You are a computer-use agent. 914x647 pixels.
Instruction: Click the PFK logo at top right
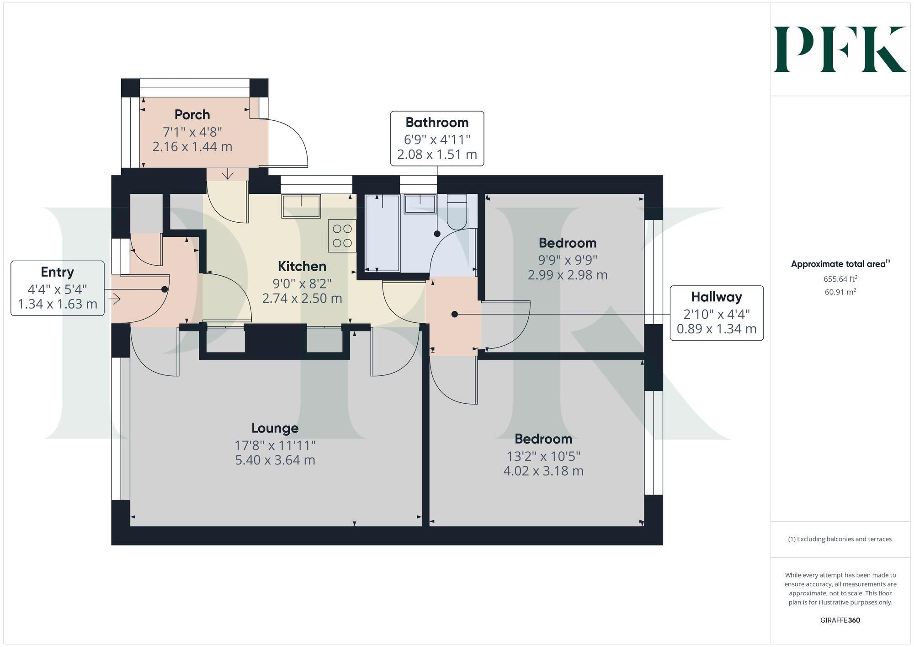pyautogui.click(x=840, y=49)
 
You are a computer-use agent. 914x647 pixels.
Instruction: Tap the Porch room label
pyautogui.click(x=192, y=114)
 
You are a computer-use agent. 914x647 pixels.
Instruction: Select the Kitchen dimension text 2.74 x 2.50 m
pyautogui.click(x=302, y=299)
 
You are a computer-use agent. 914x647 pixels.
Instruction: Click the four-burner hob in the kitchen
pyautogui.click(x=342, y=236)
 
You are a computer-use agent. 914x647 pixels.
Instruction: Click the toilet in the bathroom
pyautogui.click(x=457, y=212)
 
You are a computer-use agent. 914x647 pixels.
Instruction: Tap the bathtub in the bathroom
pyautogui.click(x=383, y=233)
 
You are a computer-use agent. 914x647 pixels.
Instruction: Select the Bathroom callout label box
pyautogui.click(x=437, y=138)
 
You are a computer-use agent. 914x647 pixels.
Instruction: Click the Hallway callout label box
pyautogui.click(x=716, y=313)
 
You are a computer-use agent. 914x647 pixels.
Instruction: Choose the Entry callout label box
pyautogui.click(x=57, y=288)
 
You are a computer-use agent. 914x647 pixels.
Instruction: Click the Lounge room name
pyautogui.click(x=275, y=428)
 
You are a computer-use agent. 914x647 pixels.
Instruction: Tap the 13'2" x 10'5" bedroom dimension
pyautogui.click(x=543, y=456)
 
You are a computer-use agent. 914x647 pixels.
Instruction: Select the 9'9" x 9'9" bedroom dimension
pyautogui.click(x=567, y=260)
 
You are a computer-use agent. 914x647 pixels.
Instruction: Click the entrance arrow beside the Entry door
pyautogui.click(x=114, y=299)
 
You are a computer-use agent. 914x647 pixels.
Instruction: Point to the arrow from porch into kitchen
pyautogui.click(x=228, y=175)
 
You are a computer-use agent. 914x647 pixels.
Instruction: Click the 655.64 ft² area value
pyautogui.click(x=840, y=279)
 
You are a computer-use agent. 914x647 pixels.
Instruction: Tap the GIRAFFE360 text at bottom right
pyautogui.click(x=840, y=620)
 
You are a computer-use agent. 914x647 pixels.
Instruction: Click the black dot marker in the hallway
pyautogui.click(x=454, y=314)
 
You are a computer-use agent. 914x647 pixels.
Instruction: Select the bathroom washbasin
pyautogui.click(x=420, y=204)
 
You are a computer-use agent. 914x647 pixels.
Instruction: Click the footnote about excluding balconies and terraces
pyautogui.click(x=840, y=539)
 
